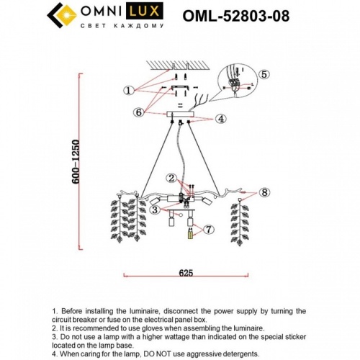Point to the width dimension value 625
click(x=186, y=265)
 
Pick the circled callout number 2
click(x=171, y=178)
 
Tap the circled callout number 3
click(x=154, y=210)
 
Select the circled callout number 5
click(x=264, y=74)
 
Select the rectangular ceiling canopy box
click(x=186, y=115)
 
